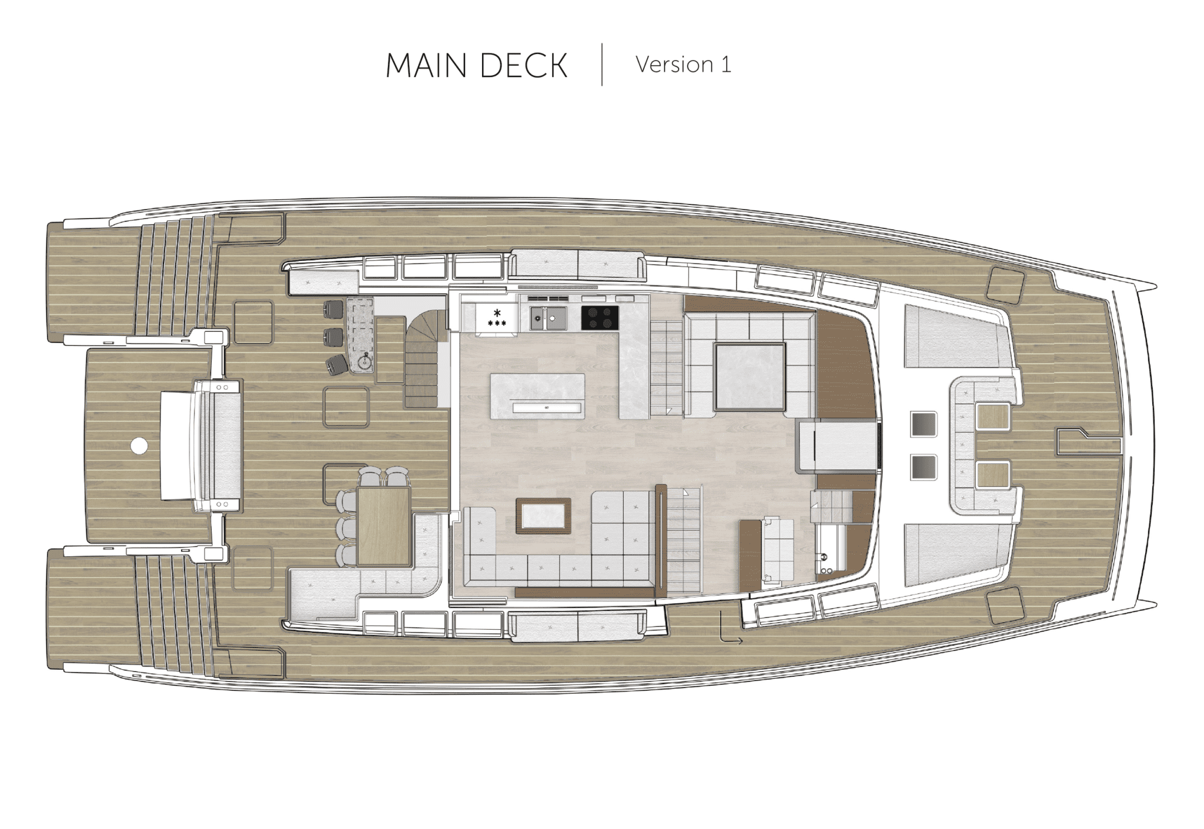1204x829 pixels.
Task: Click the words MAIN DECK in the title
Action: coord(476,65)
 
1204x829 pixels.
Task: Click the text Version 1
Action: coord(684,65)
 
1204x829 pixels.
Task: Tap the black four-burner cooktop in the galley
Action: coord(600,318)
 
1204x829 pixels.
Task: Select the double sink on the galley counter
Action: coord(548,318)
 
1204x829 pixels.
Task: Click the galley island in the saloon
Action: coord(537,396)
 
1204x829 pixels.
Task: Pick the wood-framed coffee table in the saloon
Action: coord(543,515)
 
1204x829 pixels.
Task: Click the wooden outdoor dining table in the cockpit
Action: coord(384,526)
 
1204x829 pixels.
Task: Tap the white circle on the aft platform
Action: coord(139,447)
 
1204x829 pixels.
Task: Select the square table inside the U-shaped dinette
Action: coord(750,377)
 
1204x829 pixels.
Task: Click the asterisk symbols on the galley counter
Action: coord(497,318)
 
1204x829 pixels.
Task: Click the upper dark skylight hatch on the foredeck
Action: coord(923,424)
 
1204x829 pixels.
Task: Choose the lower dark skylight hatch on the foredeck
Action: coord(923,467)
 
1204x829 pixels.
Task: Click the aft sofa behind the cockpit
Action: coord(221,446)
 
